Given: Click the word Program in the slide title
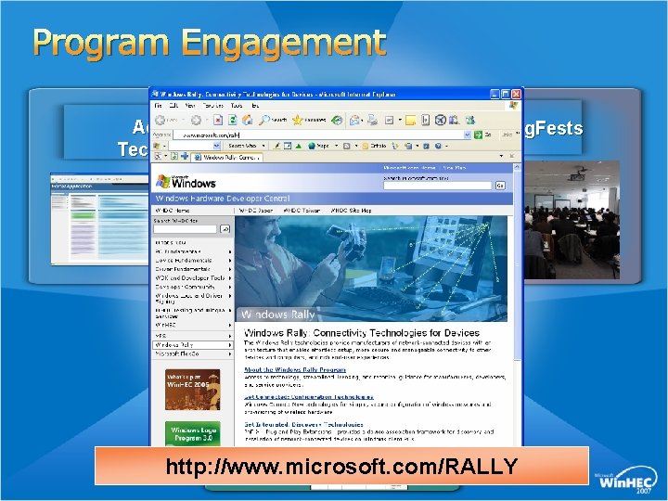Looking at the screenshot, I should point(96,43).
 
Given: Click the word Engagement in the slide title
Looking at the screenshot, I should point(283,43).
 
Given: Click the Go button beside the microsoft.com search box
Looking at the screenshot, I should point(499,185).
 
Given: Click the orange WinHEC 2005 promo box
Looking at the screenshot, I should point(192,389).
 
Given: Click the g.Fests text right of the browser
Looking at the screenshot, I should point(554,129).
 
